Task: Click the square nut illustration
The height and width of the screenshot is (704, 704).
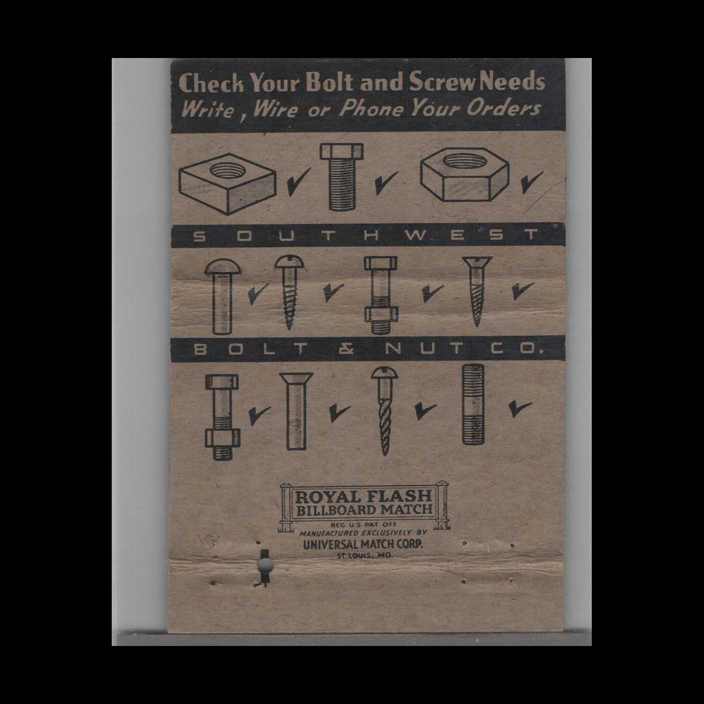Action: [x=228, y=183]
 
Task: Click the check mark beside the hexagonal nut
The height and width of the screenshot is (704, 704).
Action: [x=531, y=182]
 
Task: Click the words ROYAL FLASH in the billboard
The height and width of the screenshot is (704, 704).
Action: [x=365, y=497]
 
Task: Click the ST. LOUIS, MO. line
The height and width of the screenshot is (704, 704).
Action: [x=364, y=555]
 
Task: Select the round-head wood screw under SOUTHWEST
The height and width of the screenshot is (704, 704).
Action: [x=288, y=291]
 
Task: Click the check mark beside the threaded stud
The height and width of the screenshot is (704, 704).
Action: [x=519, y=407]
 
